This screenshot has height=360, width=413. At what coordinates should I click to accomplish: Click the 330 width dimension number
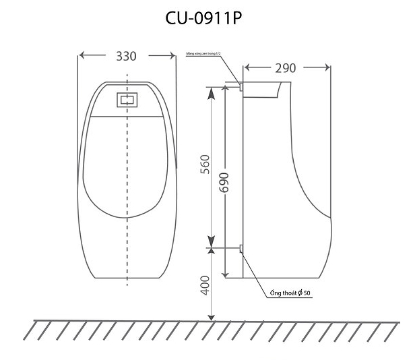tap(125, 56)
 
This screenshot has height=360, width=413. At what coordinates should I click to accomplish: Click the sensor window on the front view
tap(127, 100)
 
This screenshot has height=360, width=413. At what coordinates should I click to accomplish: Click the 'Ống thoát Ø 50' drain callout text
tap(289, 293)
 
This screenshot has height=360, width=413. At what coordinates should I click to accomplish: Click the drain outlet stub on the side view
tap(241, 250)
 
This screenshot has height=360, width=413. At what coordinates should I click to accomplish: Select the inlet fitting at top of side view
tap(240, 86)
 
